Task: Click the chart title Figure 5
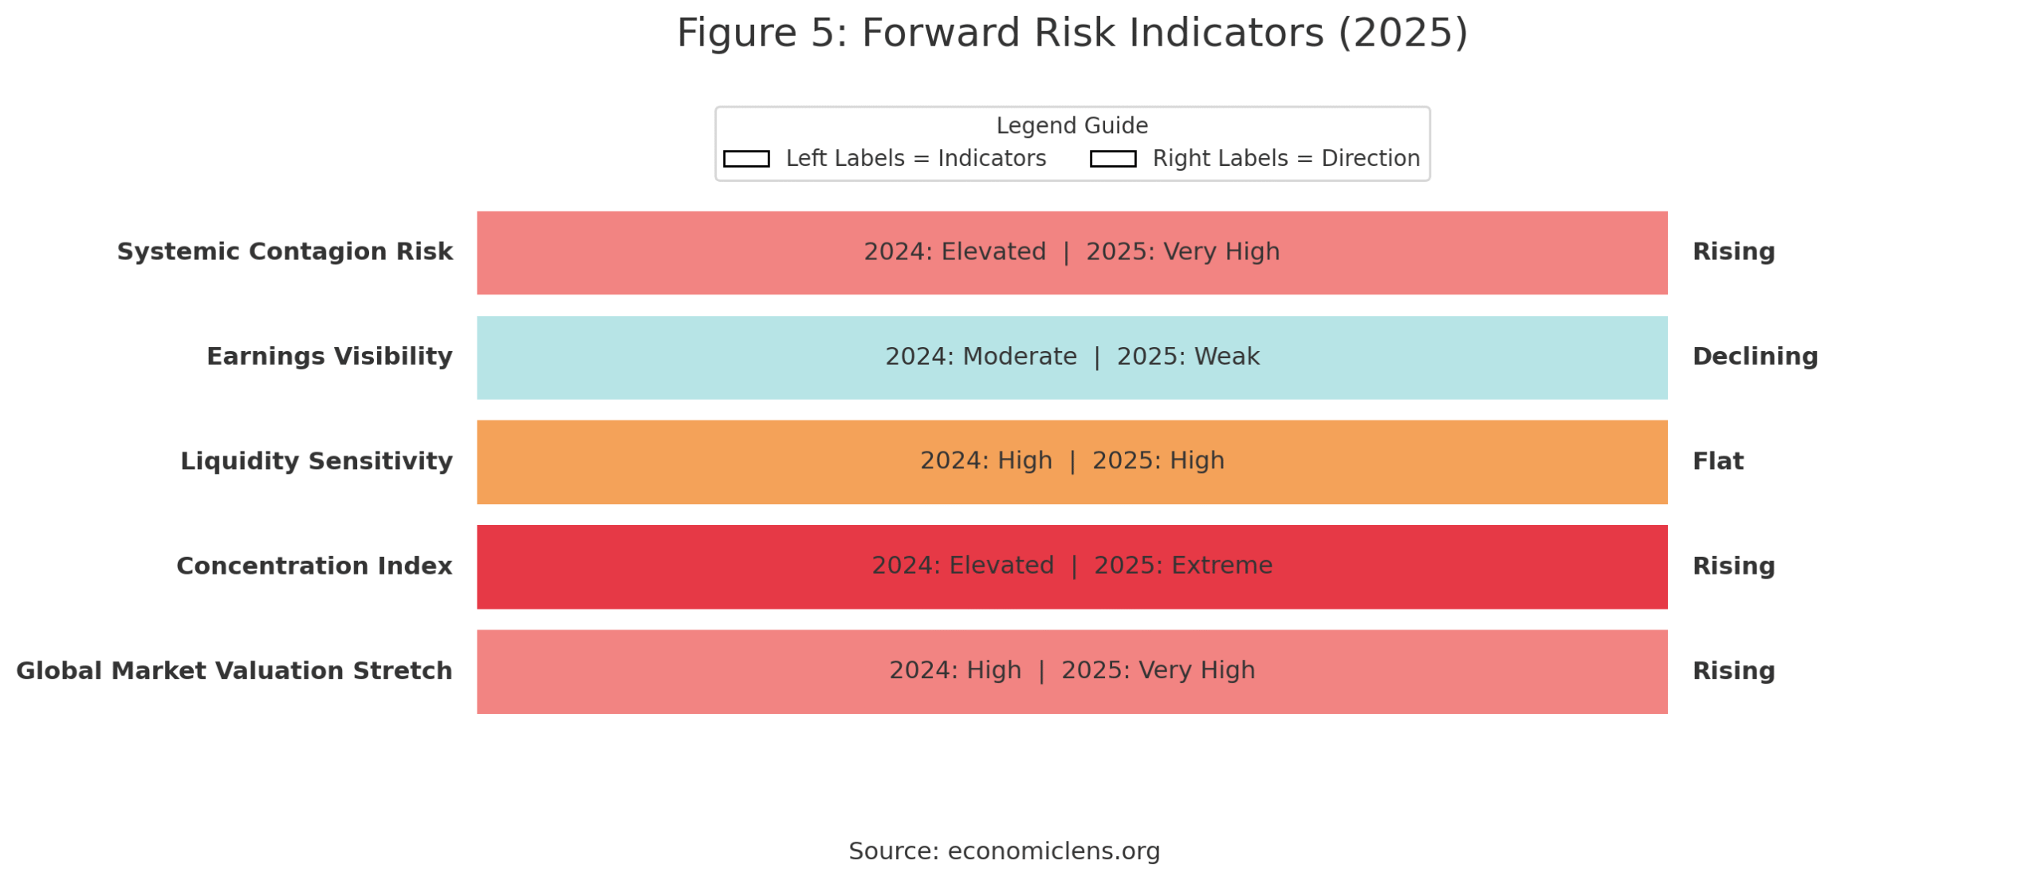point(1071,34)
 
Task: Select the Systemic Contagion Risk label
point(285,251)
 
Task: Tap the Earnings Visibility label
point(328,356)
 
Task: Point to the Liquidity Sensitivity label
point(316,460)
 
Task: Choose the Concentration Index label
point(313,566)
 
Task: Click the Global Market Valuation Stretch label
point(234,670)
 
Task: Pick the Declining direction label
point(1754,356)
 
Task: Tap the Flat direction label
point(1717,460)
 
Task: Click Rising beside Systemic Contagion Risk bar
point(1732,251)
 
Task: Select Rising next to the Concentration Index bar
point(1732,566)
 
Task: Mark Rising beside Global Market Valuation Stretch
point(1732,670)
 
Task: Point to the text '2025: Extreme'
point(1182,566)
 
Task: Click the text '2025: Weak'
point(1187,356)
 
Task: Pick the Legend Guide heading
point(1071,125)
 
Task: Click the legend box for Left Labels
point(745,159)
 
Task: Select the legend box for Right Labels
point(1112,159)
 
